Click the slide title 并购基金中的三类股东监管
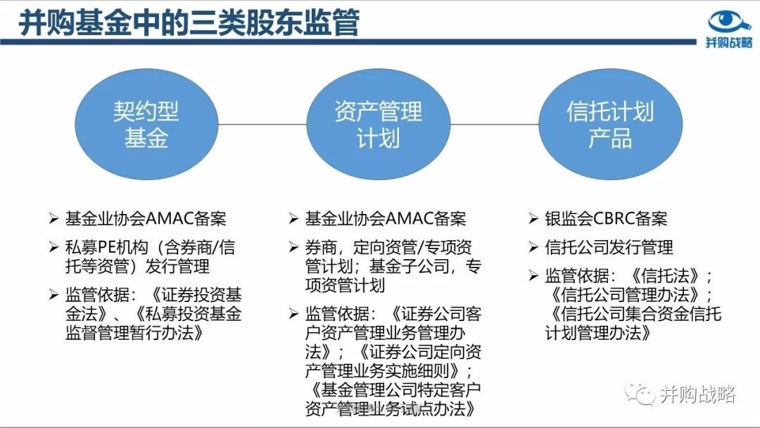(189, 22)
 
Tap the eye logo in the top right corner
(729, 22)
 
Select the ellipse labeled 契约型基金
(146, 124)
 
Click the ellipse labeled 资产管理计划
(378, 124)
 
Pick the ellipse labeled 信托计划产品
(610, 124)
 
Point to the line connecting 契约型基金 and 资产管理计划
(262, 124)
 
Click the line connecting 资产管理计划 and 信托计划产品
(495, 124)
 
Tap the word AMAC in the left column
(169, 219)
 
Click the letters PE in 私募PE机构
(106, 248)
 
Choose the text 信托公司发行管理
(609, 248)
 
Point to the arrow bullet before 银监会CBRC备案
(533, 219)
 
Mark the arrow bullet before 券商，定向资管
(293, 248)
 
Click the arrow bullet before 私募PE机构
(53, 248)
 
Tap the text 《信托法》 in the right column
(665, 276)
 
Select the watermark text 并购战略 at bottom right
(698, 394)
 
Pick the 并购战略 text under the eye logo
(729, 42)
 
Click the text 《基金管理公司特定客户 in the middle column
(393, 390)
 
